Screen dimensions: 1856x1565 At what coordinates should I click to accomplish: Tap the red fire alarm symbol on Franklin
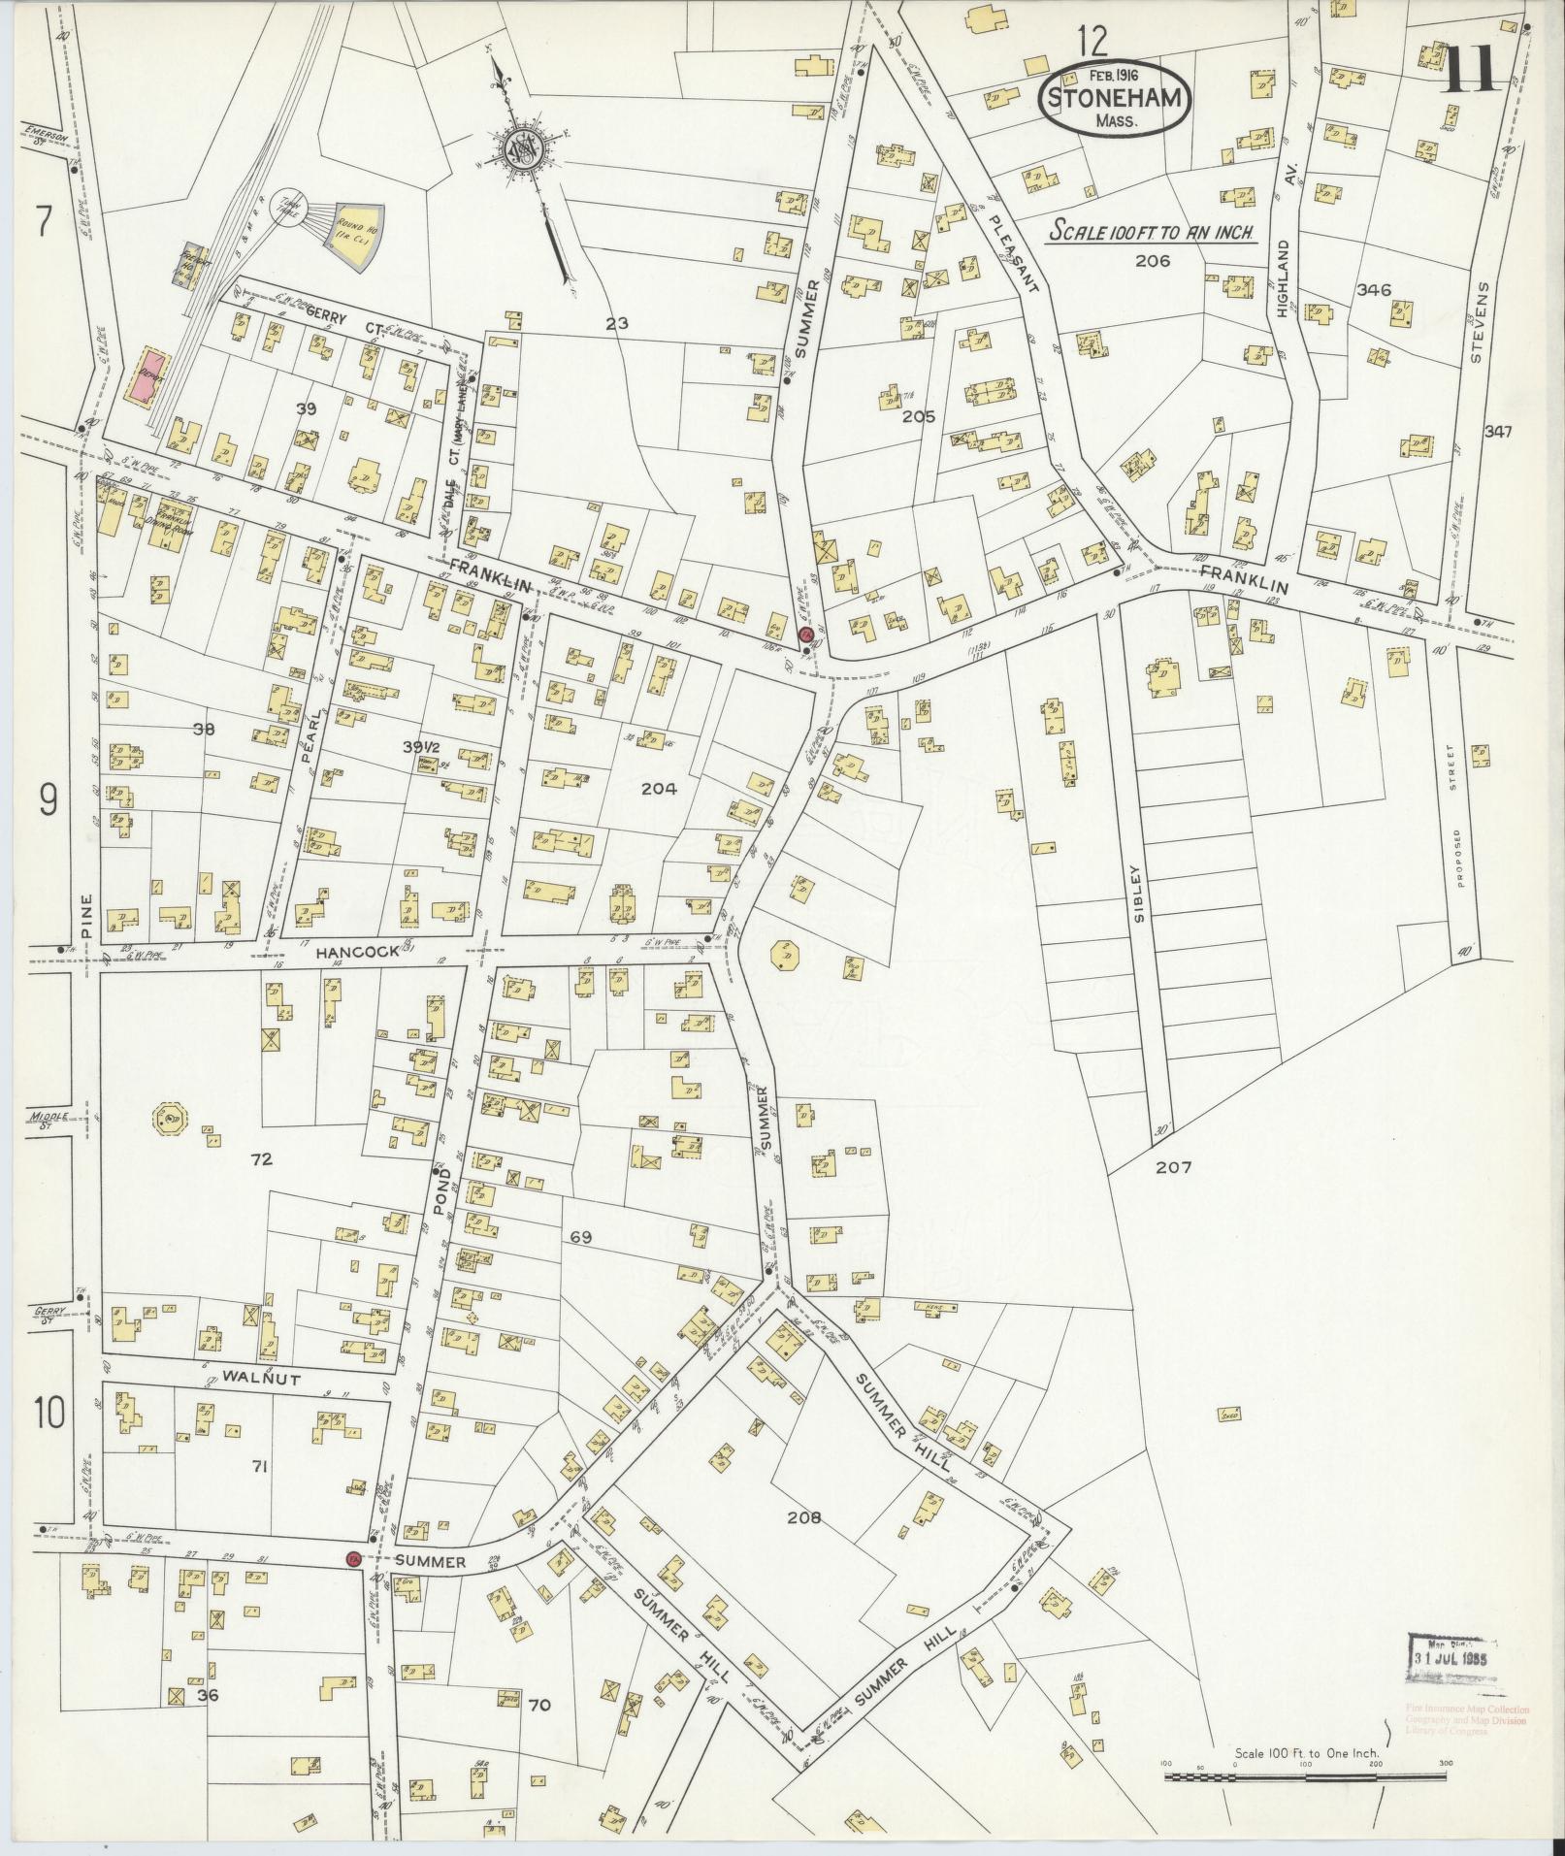(804, 635)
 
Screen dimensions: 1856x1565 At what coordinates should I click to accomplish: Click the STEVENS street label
(1476, 319)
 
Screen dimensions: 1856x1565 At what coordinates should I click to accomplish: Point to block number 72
(261, 1158)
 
